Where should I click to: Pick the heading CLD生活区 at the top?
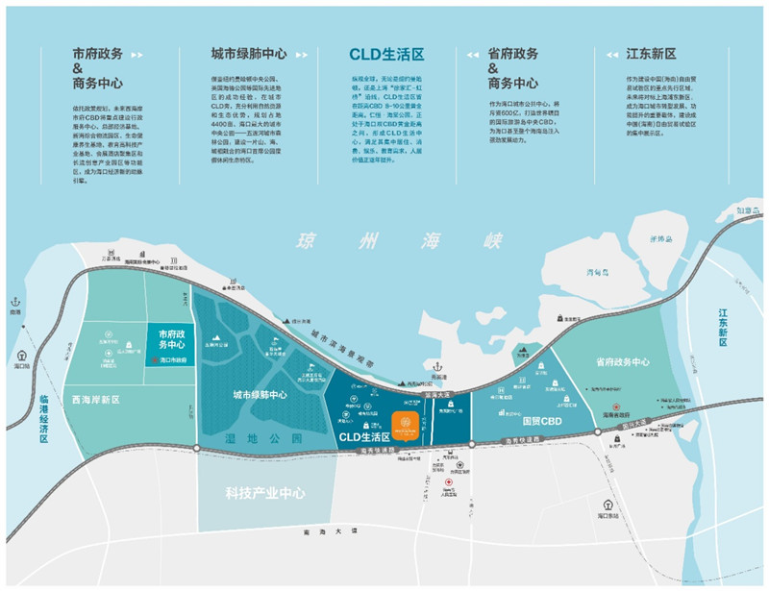[x=386, y=56]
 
